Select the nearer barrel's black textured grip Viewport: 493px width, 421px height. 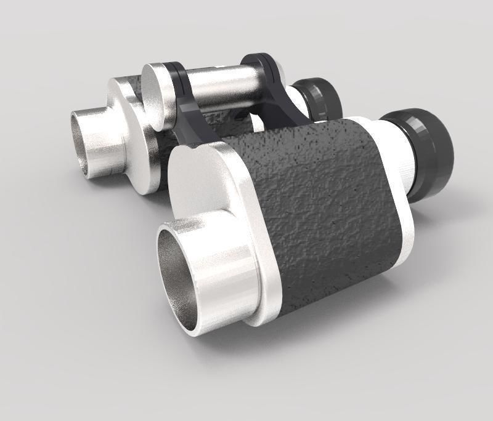point(327,203)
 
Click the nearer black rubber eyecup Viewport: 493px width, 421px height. point(425,154)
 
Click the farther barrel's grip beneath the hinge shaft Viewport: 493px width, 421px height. point(228,123)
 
